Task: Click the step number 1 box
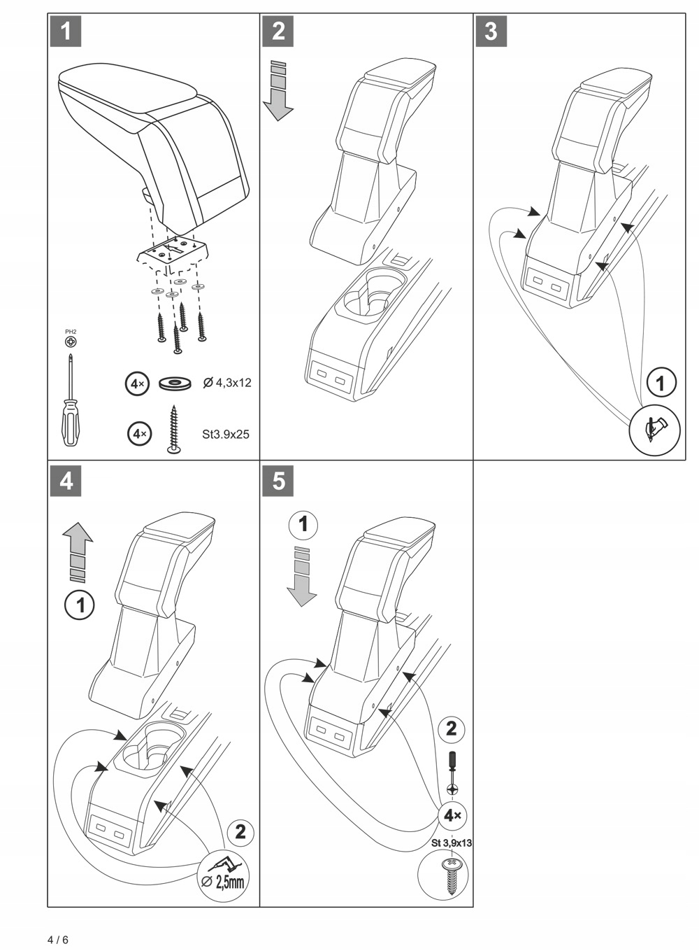click(66, 31)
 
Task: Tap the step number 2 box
click(278, 31)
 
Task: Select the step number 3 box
click(491, 31)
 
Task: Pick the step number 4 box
click(66, 481)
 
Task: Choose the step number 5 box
click(278, 481)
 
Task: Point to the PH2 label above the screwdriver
click(71, 332)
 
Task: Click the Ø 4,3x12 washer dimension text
click(226, 383)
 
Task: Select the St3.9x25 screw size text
click(225, 434)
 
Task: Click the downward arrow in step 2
click(278, 91)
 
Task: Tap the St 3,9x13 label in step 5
click(452, 843)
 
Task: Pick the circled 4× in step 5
click(452, 815)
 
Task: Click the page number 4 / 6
click(58, 939)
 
